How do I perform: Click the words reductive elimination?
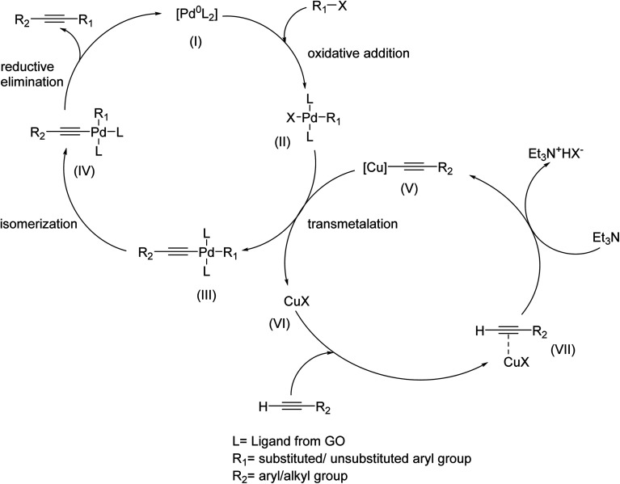37,74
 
